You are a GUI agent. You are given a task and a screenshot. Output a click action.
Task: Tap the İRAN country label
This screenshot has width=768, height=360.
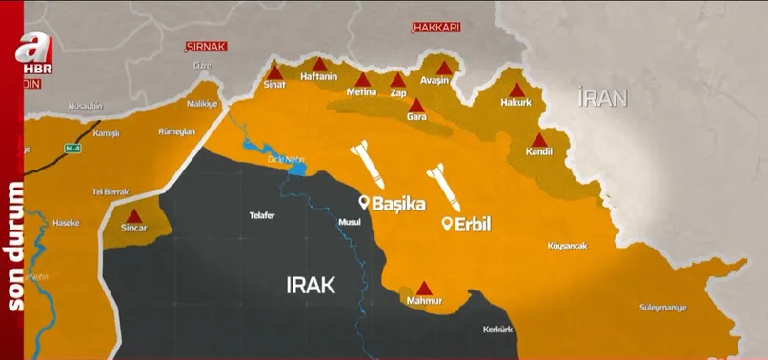tap(602, 96)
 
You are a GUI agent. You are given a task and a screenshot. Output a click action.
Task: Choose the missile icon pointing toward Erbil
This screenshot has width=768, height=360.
tap(442, 187)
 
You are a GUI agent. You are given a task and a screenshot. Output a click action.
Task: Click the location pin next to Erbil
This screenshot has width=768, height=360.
tap(446, 225)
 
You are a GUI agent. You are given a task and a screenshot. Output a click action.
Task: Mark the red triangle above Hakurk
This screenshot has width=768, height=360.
tap(514, 89)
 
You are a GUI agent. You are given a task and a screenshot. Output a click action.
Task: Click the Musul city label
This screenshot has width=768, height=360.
tap(351, 222)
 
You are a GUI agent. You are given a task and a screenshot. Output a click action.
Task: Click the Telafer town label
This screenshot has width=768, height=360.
tap(261, 215)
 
